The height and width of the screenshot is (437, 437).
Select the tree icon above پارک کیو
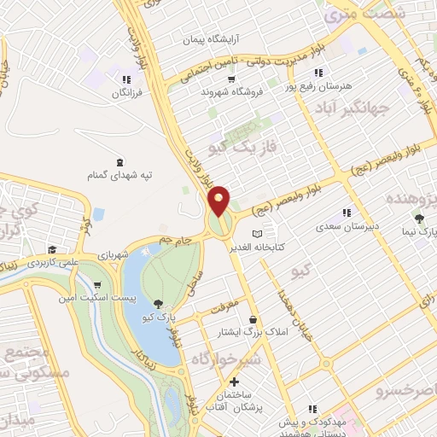[159, 303]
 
